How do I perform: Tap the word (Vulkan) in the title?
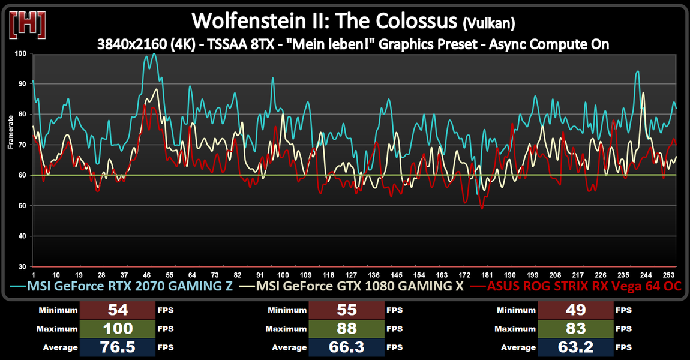coord(489,23)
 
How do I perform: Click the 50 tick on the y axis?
coord(22,206)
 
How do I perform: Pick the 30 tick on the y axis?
coord(22,266)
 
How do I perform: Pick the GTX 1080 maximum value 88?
coord(347,329)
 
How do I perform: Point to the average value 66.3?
coord(347,347)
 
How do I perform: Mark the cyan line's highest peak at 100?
coord(154,54)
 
